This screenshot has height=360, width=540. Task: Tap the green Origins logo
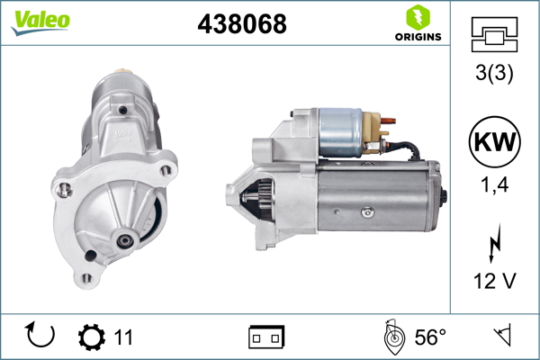point(417,24)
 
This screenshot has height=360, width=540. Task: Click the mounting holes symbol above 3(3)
point(494,37)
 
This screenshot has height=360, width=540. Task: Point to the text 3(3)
point(494,75)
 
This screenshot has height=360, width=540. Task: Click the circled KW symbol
point(494,144)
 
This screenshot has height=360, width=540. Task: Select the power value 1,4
point(494,190)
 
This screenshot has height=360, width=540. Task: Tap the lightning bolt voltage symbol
point(494,243)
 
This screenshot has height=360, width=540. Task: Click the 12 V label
point(494,281)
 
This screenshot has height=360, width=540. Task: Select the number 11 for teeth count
point(123,337)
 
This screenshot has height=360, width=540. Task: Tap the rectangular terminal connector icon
point(266,337)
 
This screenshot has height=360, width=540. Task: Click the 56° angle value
point(429,337)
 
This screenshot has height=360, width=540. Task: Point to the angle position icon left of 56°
point(391,337)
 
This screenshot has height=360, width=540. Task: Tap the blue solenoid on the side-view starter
point(339,132)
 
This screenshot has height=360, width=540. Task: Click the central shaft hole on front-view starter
point(122,240)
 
